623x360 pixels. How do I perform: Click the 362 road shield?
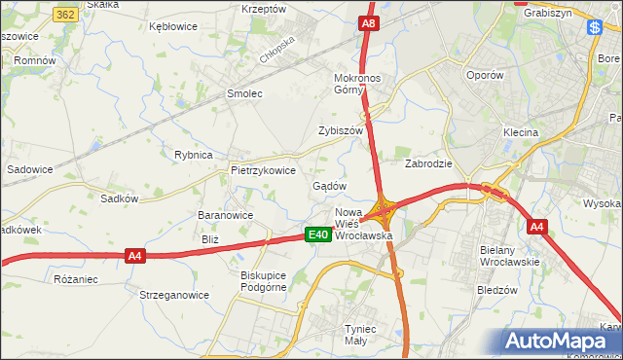tap(66, 16)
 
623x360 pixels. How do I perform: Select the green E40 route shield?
tap(317, 234)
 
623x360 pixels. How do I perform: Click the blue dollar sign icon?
tap(593, 28)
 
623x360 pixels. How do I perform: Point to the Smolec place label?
tap(244, 94)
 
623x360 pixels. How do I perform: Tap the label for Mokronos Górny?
tap(361, 84)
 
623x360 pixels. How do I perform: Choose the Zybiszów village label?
tap(340, 130)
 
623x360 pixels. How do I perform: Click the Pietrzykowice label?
tap(263, 169)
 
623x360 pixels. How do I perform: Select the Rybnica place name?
tap(193, 155)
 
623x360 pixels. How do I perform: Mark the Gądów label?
tap(330, 186)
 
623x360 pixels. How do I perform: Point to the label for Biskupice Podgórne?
tap(264, 281)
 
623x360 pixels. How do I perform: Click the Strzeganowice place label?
tap(174, 294)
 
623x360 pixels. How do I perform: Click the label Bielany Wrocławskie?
tap(510, 256)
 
